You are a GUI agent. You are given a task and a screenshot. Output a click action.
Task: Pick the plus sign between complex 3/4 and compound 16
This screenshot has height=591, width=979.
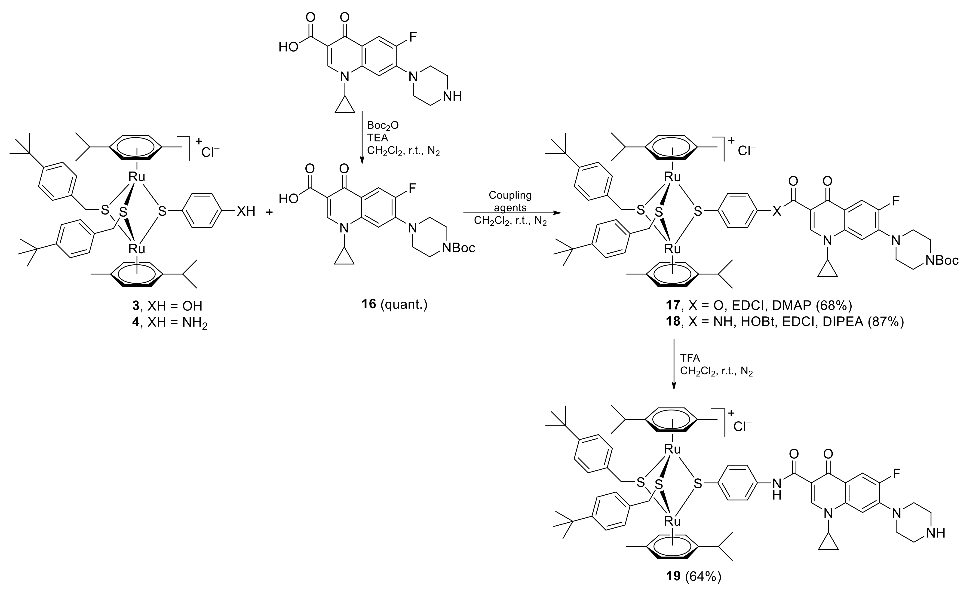point(269,212)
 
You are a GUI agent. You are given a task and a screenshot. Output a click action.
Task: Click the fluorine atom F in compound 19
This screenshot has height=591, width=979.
point(896,473)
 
